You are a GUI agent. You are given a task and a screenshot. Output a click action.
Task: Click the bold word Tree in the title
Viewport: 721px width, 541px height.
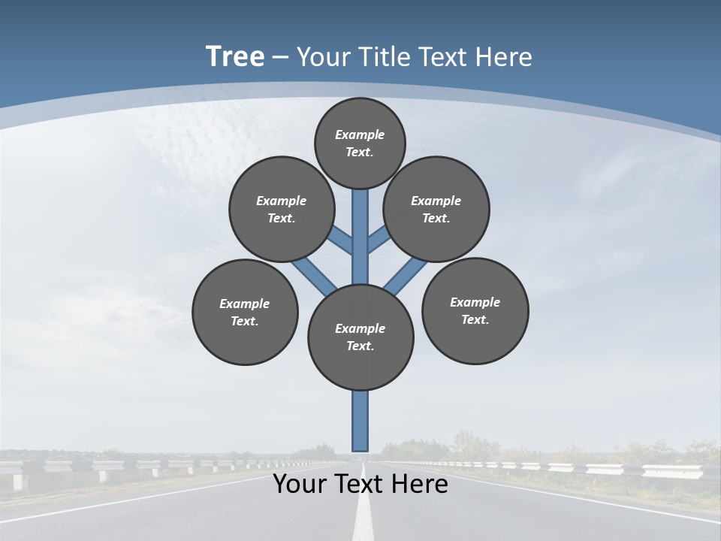point(235,57)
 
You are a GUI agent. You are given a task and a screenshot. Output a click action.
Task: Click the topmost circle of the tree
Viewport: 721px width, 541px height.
point(360,143)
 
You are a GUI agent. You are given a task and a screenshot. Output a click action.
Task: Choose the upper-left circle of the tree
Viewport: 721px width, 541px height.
point(282,209)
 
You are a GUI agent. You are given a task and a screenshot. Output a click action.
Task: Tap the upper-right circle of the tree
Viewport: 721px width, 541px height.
point(436,209)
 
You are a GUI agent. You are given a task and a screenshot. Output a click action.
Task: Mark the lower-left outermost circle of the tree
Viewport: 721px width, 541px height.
point(245,313)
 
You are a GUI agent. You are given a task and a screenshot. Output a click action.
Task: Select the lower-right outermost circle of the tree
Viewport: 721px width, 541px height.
point(475,310)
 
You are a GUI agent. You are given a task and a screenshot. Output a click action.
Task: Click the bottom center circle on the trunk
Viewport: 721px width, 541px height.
point(360,337)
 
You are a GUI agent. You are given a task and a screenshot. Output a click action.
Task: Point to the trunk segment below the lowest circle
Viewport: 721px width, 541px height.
point(360,421)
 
